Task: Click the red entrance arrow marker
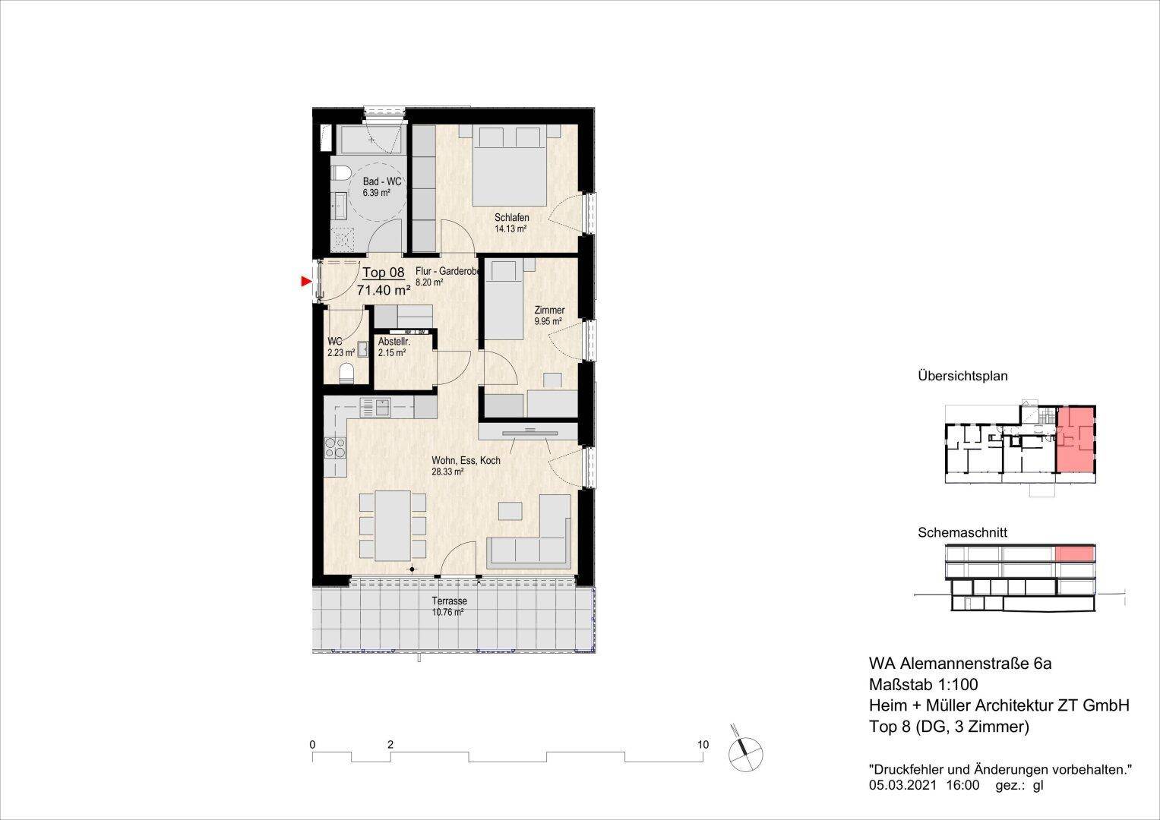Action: (306, 281)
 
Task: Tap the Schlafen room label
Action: (512, 217)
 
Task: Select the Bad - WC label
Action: (382, 181)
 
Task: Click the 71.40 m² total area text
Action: (384, 290)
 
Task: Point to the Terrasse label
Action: (450, 601)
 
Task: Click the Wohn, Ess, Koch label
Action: (466, 461)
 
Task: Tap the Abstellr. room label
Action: (394, 342)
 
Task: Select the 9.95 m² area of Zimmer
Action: (548, 321)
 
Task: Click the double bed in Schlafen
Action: (510, 166)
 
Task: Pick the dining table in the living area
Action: (393, 526)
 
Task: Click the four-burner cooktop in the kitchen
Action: (335, 447)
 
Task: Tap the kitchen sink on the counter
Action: (375, 407)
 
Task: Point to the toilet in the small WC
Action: (346, 374)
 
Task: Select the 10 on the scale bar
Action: (703, 744)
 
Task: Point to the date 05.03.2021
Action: (903, 785)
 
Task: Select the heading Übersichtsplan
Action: (962, 376)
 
